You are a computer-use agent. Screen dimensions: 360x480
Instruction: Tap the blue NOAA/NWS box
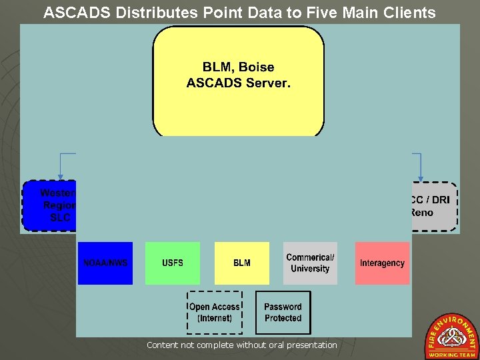click(x=105, y=263)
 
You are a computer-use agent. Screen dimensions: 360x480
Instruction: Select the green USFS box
click(x=173, y=263)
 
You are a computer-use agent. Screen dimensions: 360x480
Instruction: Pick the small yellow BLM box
click(x=242, y=263)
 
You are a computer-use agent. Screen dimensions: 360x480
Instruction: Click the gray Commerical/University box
click(x=310, y=263)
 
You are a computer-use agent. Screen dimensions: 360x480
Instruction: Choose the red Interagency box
click(x=382, y=263)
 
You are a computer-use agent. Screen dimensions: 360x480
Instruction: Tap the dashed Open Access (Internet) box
click(x=214, y=313)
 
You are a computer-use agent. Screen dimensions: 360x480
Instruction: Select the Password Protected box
click(x=283, y=313)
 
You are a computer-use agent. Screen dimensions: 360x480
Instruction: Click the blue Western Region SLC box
click(x=51, y=205)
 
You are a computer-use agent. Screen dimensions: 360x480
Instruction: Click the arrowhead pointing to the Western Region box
click(x=60, y=177)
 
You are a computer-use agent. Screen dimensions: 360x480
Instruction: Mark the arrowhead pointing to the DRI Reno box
click(x=421, y=177)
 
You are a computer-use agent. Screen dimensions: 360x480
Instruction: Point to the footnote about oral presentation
click(x=241, y=345)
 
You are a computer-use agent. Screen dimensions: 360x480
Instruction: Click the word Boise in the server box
click(x=257, y=67)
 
